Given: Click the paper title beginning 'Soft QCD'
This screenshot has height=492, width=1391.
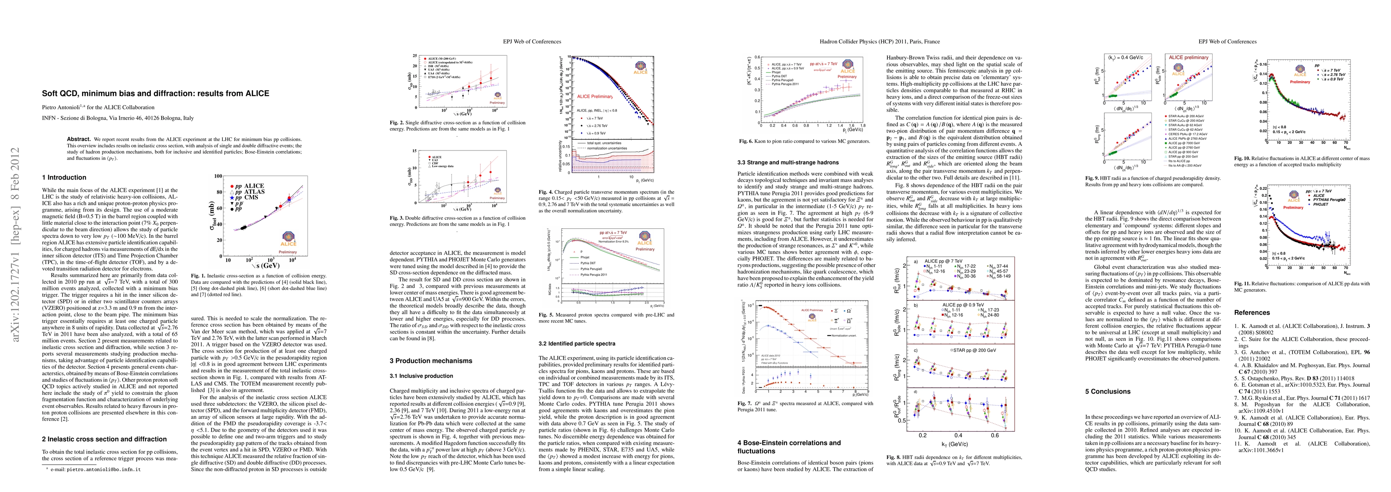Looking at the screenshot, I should [155, 93].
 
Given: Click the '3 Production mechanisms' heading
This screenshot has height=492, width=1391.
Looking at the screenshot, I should [431, 361].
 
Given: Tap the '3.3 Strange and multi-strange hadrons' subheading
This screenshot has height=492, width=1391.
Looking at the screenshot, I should [788, 162].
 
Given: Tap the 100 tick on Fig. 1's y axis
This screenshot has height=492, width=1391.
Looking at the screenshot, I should [218, 176].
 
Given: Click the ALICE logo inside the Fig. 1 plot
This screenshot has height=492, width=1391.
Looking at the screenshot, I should [288, 238].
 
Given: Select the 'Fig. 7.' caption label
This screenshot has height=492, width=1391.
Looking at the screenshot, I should [745, 403].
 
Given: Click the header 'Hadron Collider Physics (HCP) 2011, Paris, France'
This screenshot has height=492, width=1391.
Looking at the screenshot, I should [879, 41].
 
